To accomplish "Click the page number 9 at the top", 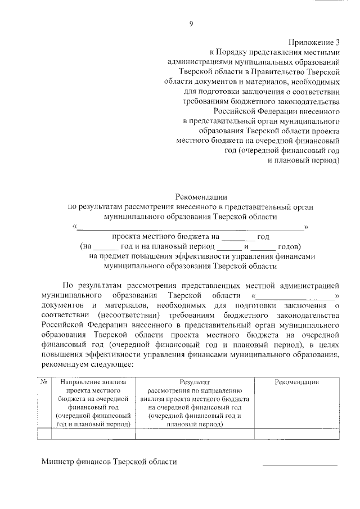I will coord(191,23).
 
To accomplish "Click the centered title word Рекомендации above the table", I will coord(201,196).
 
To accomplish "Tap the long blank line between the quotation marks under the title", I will coord(190,227).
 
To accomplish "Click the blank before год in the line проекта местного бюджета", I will coord(238,237).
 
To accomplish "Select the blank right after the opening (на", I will coord(105,247).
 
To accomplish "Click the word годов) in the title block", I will coord(290,247).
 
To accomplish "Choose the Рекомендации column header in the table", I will coord(297,382).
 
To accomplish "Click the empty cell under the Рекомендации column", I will coord(297,433).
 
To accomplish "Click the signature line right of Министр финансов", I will coord(300,465).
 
